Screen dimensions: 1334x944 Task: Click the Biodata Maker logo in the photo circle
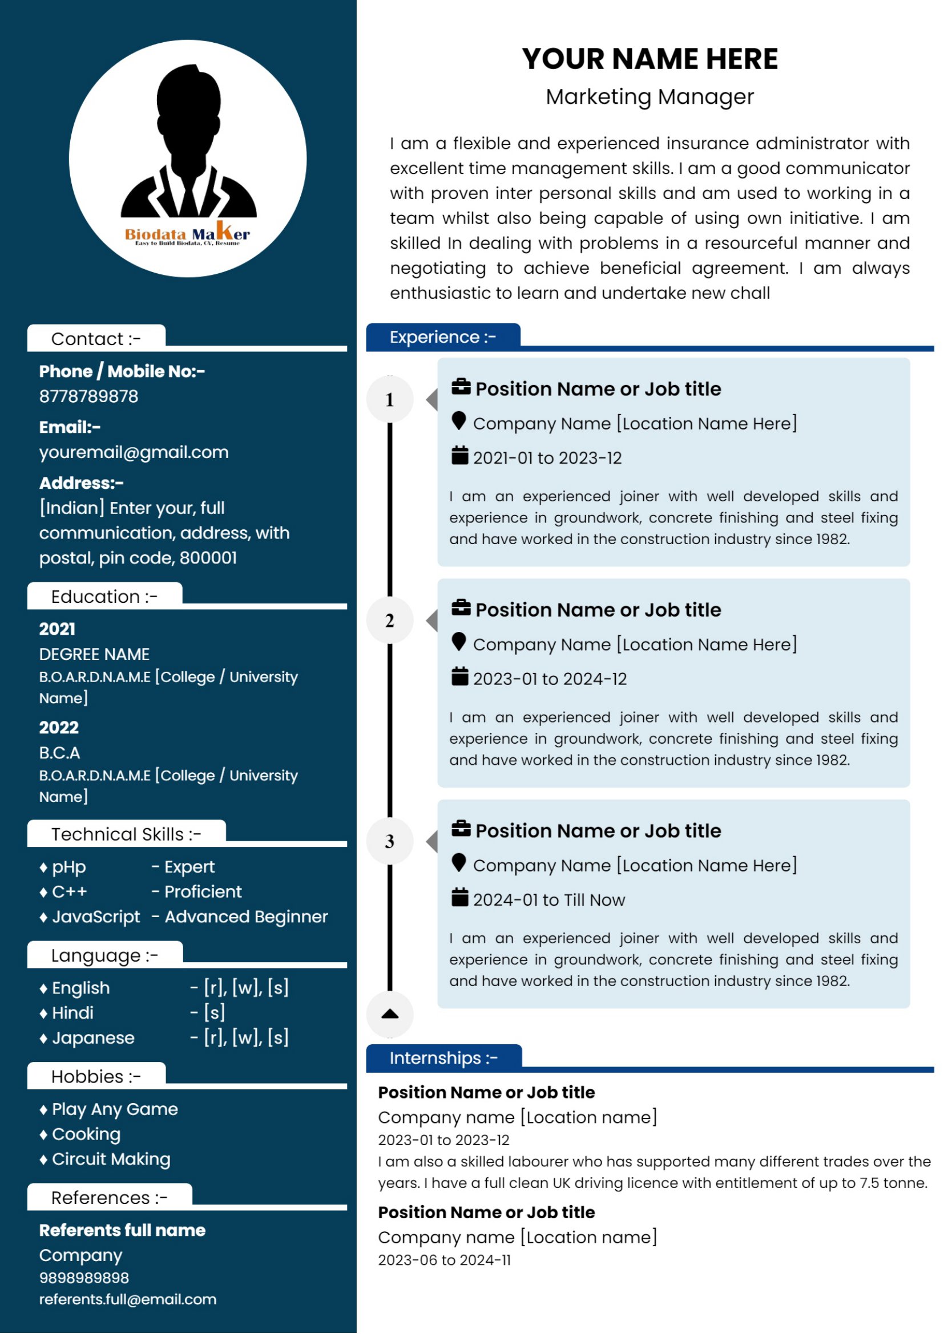pos(187,235)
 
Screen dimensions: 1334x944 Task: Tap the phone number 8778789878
pos(89,397)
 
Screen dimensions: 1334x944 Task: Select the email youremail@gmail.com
pos(134,453)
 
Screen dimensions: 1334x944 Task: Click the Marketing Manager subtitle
pos(650,96)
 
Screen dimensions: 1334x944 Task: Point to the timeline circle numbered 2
pos(390,621)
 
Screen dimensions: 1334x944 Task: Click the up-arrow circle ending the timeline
pos(390,1015)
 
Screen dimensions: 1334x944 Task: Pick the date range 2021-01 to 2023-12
pos(547,459)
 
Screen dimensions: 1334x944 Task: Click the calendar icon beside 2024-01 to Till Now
pos(460,898)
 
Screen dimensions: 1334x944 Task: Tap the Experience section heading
pos(443,338)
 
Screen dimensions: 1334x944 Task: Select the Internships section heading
pos(443,1059)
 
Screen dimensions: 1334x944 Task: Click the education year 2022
pos(59,728)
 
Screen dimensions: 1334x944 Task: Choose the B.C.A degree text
pos(60,753)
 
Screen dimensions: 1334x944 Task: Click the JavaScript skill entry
pos(96,918)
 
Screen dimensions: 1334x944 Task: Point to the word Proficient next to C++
pos(203,893)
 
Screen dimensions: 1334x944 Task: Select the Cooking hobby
pos(86,1135)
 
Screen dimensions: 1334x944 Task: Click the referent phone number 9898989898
pos(84,1279)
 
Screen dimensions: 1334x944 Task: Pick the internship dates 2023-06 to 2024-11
pos(445,1261)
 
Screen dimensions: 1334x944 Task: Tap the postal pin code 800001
pos(208,558)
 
